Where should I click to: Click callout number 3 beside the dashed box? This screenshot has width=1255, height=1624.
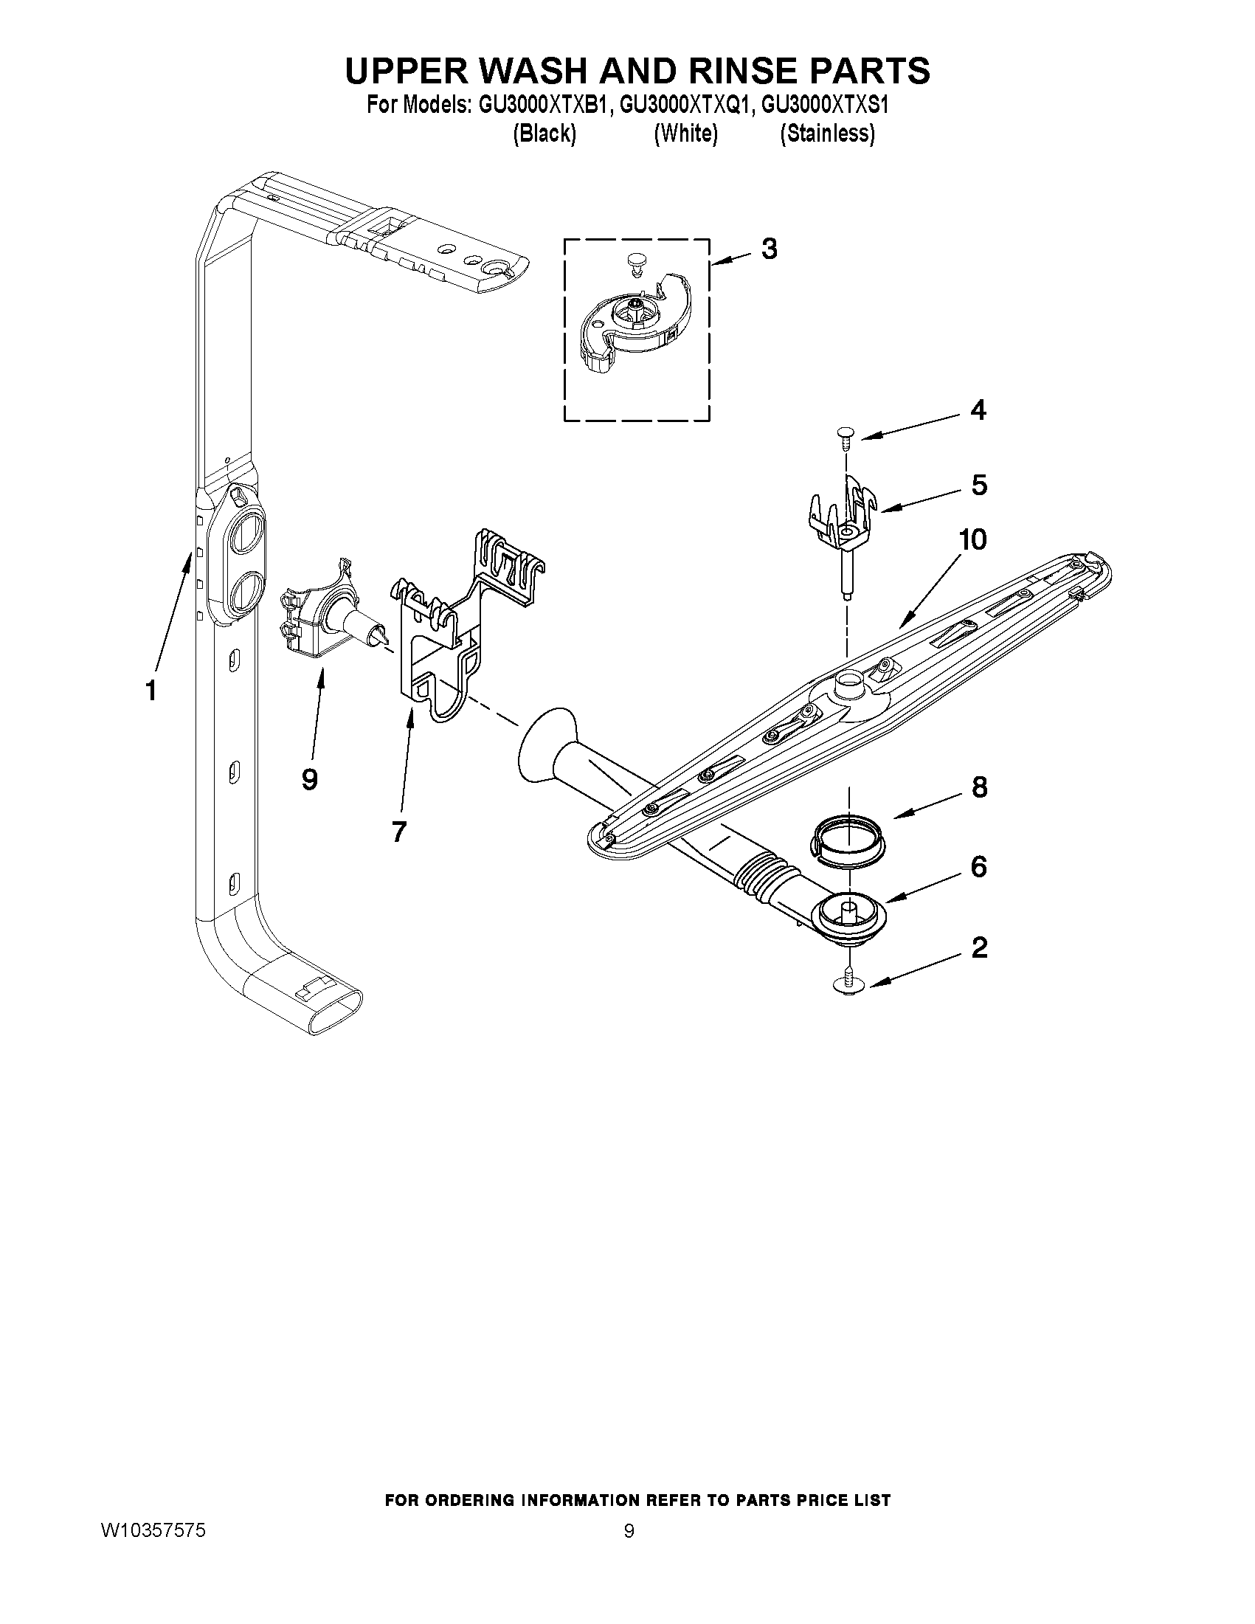[769, 249]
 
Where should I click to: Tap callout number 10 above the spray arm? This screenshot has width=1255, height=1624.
[972, 539]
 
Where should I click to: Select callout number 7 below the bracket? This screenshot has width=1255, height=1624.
[399, 832]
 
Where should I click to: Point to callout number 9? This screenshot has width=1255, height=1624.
[310, 779]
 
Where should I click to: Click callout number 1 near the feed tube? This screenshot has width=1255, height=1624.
[151, 691]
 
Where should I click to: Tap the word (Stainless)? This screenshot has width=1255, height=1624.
[827, 134]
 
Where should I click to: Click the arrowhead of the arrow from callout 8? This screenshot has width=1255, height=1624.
[896, 817]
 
